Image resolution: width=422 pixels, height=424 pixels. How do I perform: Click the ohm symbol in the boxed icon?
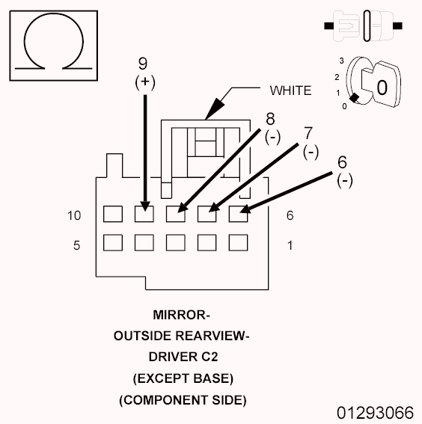coord(49,43)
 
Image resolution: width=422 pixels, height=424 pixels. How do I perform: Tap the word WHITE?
coord(290,91)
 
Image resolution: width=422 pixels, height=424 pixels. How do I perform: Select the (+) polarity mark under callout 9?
coord(144,82)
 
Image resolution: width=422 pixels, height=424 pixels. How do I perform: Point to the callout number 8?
coord(270,118)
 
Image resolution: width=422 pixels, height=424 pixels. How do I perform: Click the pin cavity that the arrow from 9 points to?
coord(144,214)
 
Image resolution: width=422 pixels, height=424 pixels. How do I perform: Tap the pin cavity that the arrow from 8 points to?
coord(175,214)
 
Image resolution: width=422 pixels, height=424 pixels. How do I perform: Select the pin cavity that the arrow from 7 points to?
coord(207,214)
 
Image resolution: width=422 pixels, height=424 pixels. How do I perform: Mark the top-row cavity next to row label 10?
coord(112,214)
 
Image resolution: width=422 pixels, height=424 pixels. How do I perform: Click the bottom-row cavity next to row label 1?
coord(238,243)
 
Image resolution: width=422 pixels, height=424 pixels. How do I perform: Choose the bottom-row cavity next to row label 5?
coord(112,243)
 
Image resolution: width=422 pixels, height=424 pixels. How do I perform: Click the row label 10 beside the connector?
coord(74,215)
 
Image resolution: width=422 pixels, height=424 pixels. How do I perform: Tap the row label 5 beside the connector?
coord(76,245)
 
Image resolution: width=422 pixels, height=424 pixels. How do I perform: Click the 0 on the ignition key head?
coord(381,87)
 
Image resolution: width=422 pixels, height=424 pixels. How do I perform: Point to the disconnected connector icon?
coord(365,25)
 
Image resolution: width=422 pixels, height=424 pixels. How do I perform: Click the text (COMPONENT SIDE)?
coord(181,399)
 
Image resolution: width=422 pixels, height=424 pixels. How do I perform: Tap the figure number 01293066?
coord(374,413)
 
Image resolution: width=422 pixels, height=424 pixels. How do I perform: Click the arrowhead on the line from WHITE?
coord(209,112)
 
